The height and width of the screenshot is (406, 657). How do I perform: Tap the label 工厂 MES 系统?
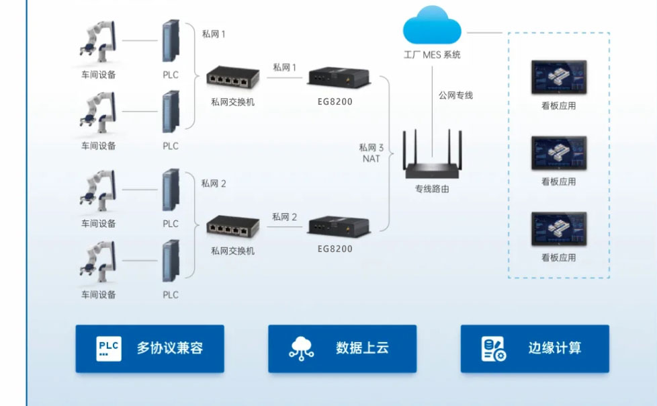click(432, 55)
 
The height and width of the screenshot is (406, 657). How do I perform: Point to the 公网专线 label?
click(455, 95)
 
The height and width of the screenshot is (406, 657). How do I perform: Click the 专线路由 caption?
click(432, 189)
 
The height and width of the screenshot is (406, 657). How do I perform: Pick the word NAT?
click(371, 159)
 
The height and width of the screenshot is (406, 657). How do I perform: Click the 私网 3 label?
click(371, 147)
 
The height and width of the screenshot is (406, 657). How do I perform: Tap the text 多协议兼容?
click(170, 348)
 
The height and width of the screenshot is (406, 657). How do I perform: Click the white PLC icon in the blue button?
click(109, 348)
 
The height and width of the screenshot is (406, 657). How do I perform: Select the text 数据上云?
click(362, 348)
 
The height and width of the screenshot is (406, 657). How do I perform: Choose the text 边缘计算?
click(554, 348)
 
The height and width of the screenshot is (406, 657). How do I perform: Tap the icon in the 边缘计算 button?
click(494, 349)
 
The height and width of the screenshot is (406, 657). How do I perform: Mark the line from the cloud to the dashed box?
click(484, 32)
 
